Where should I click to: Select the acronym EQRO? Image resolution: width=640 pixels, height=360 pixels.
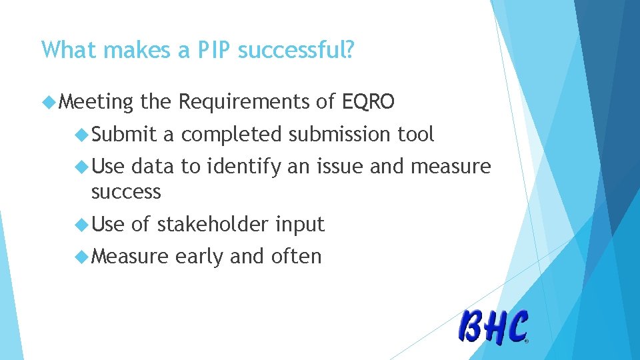click(x=368, y=102)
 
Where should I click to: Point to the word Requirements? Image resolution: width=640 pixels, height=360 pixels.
click(x=244, y=103)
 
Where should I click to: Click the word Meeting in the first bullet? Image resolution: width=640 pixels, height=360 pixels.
click(x=96, y=103)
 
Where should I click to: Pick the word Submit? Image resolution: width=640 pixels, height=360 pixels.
click(x=124, y=135)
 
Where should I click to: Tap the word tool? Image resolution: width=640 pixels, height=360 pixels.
click(x=416, y=135)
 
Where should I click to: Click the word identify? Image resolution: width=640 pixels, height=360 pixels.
click(x=244, y=167)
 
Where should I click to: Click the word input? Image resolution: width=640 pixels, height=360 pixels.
click(x=299, y=225)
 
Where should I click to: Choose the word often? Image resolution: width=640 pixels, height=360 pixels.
click(x=296, y=256)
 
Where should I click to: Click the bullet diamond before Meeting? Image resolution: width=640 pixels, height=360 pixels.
click(x=48, y=102)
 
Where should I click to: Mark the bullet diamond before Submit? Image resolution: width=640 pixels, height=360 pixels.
click(x=83, y=135)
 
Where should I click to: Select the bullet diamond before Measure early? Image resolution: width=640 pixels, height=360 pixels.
click(x=83, y=256)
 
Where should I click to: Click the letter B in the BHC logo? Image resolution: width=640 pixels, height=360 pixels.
click(x=473, y=327)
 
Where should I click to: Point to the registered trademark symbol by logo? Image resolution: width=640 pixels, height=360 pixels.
click(x=526, y=341)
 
